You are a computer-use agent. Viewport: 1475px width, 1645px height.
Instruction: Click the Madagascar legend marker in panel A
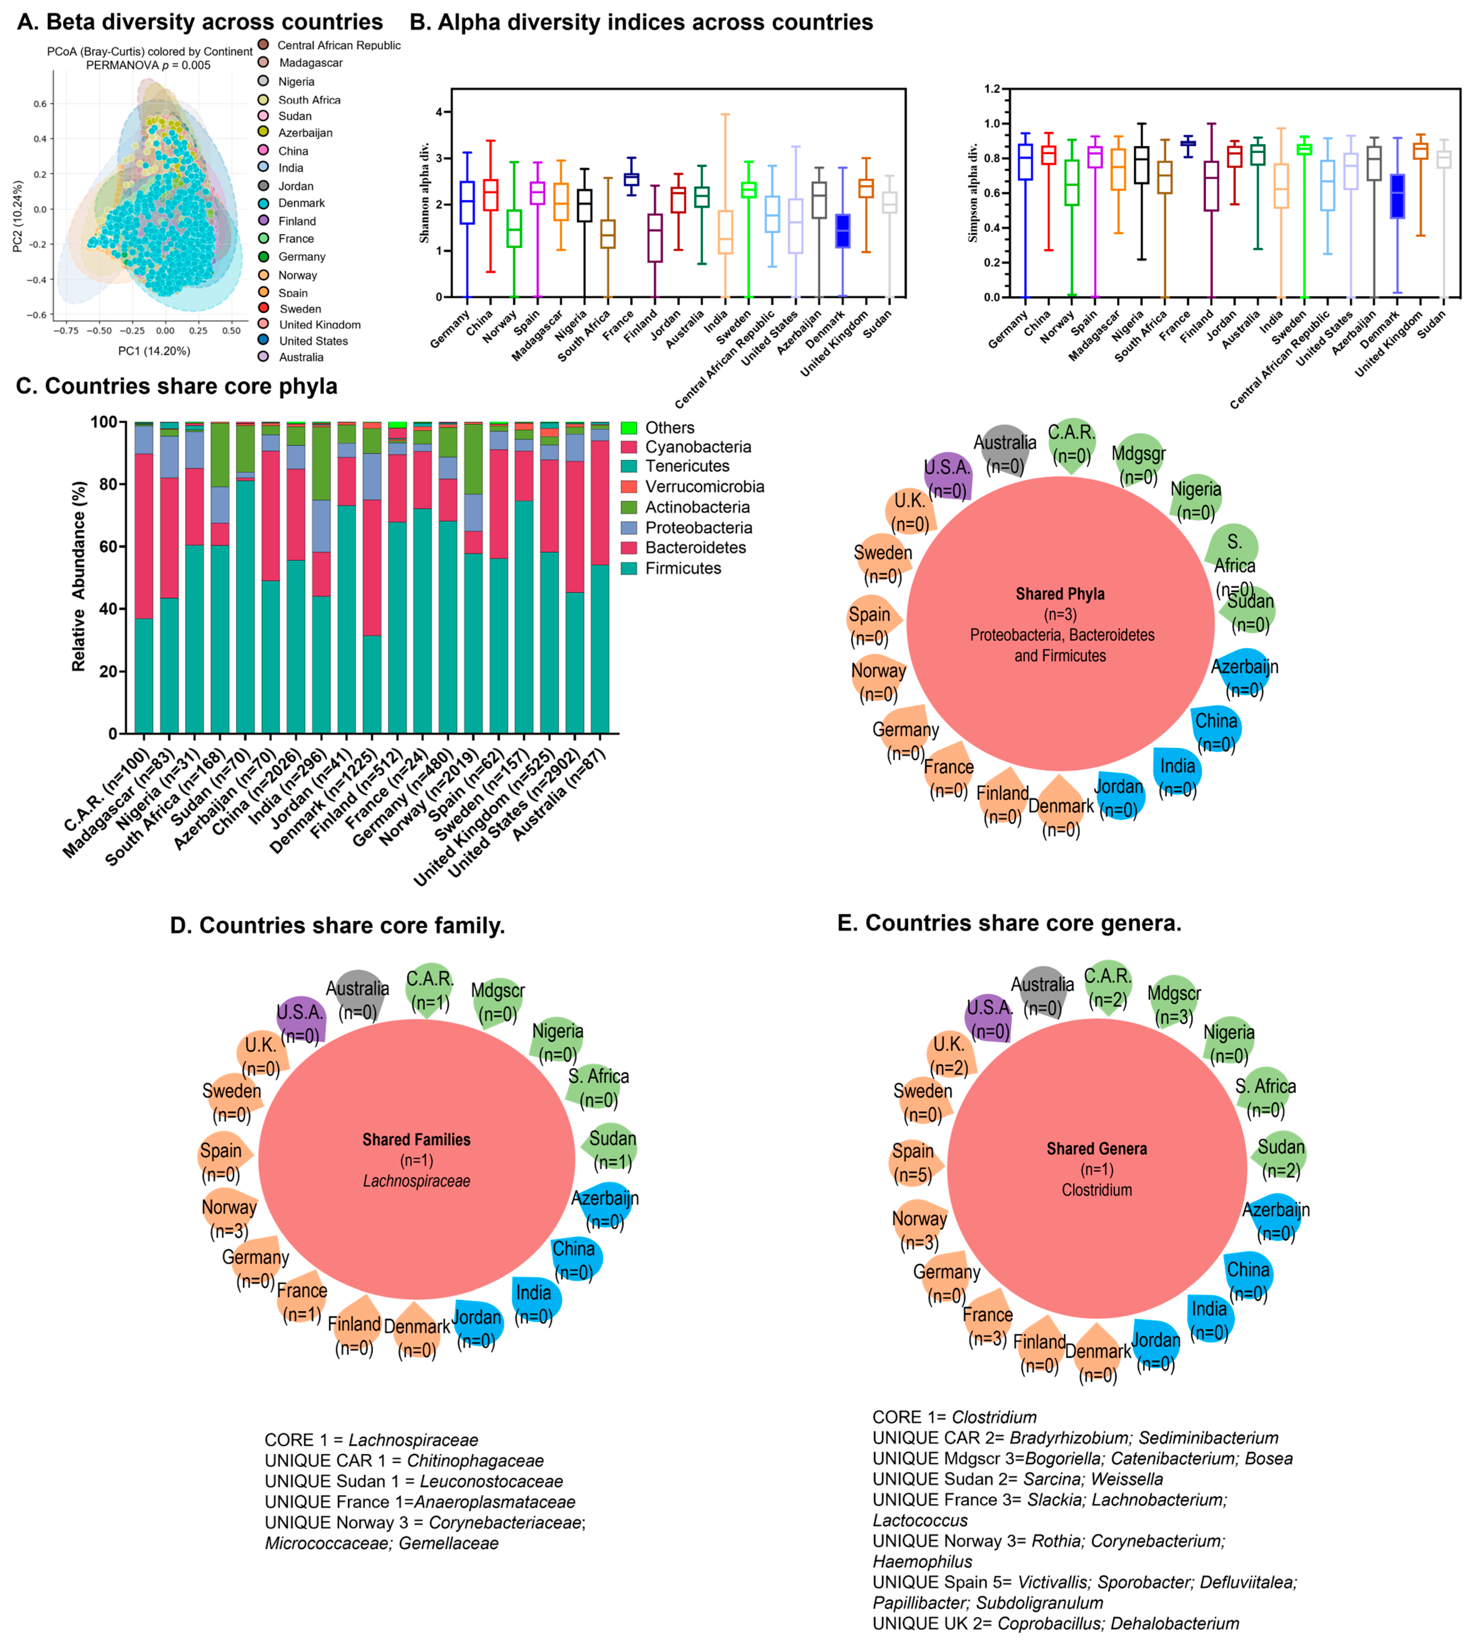point(263,62)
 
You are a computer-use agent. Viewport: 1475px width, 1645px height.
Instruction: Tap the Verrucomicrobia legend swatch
point(629,487)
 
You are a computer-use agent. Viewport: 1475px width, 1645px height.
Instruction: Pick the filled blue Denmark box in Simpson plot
point(1397,195)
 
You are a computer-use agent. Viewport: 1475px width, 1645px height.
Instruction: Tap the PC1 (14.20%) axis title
point(154,351)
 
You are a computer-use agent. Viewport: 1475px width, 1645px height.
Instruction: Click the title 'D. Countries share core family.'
point(337,926)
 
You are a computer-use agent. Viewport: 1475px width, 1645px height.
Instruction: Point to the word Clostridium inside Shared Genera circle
point(1097,1190)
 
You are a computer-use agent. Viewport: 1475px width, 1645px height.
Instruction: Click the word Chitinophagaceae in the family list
point(475,1461)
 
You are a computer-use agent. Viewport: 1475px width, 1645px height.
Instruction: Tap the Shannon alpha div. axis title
point(424,193)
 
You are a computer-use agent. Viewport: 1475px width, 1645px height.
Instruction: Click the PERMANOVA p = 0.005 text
point(148,65)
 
